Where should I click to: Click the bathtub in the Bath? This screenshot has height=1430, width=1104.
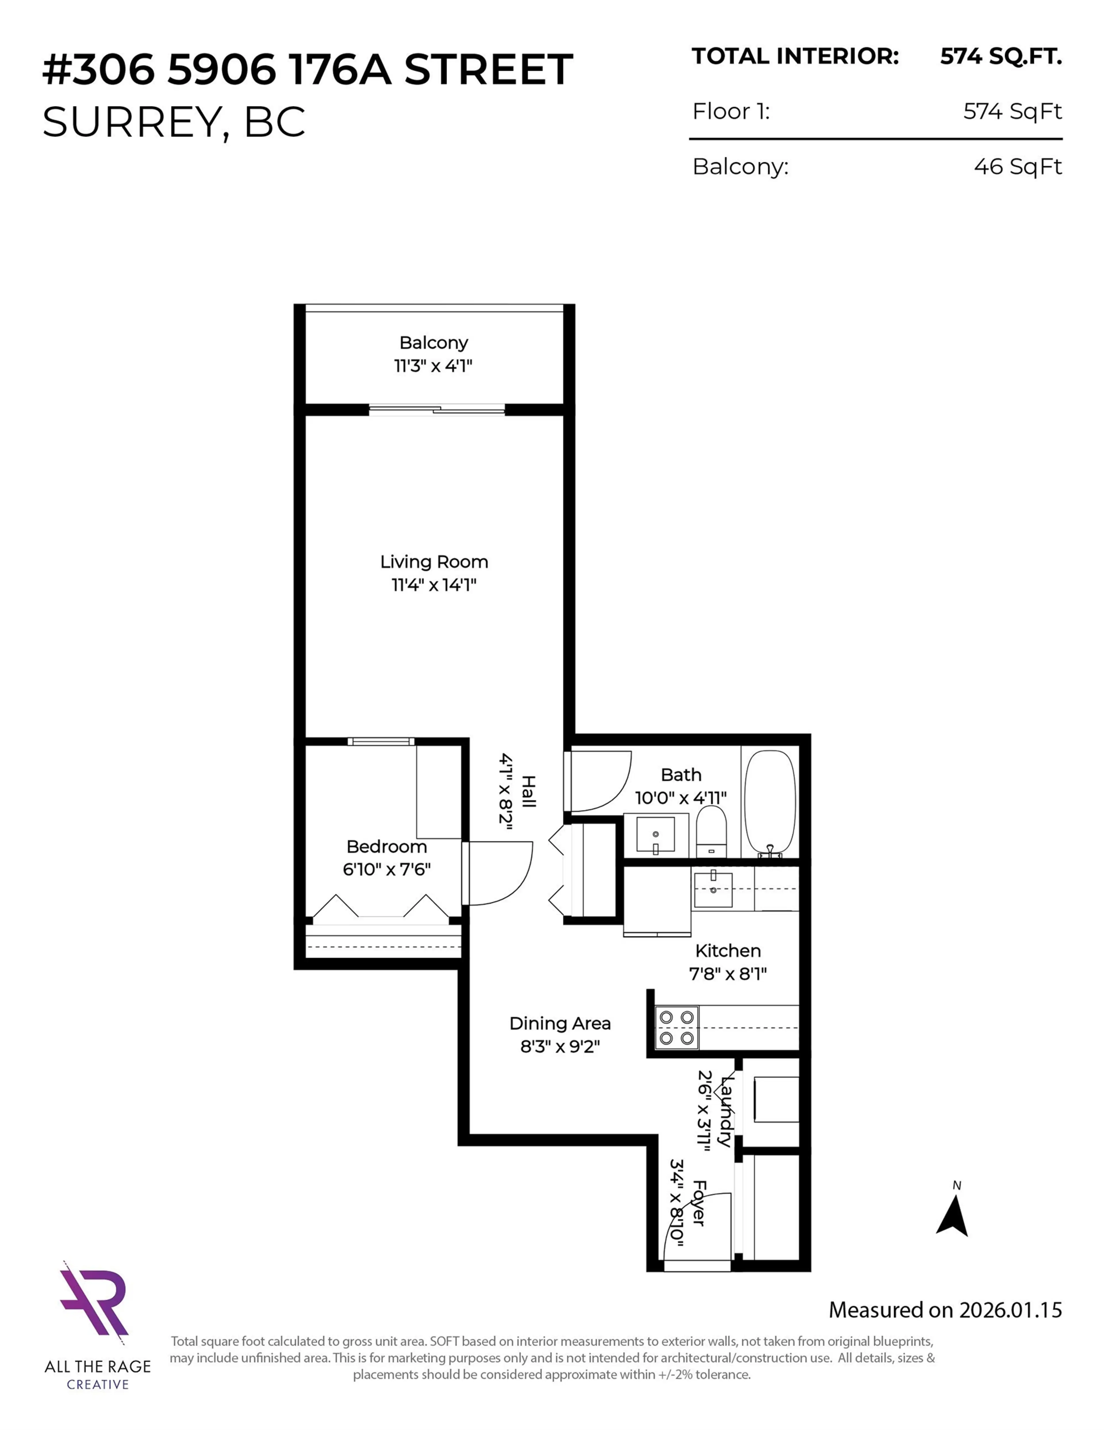pyautogui.click(x=770, y=803)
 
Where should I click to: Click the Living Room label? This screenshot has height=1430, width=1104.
pyautogui.click(x=434, y=562)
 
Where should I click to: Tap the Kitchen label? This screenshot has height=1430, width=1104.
pyautogui.click(x=728, y=951)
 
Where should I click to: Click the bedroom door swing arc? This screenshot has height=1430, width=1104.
pyautogui.click(x=501, y=874)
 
